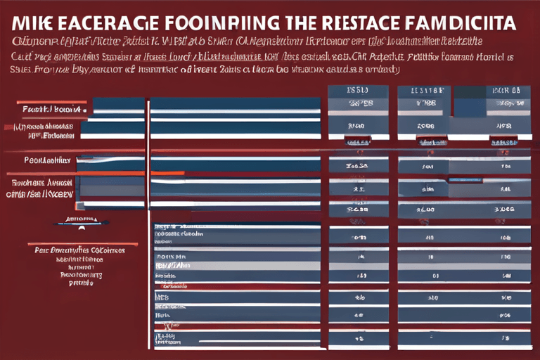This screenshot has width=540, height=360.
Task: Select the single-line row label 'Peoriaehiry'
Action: (47, 160)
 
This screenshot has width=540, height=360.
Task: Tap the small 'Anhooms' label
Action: (80, 219)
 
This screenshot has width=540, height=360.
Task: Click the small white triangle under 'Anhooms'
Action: (81, 227)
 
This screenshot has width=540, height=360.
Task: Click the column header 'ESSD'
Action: (358, 91)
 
